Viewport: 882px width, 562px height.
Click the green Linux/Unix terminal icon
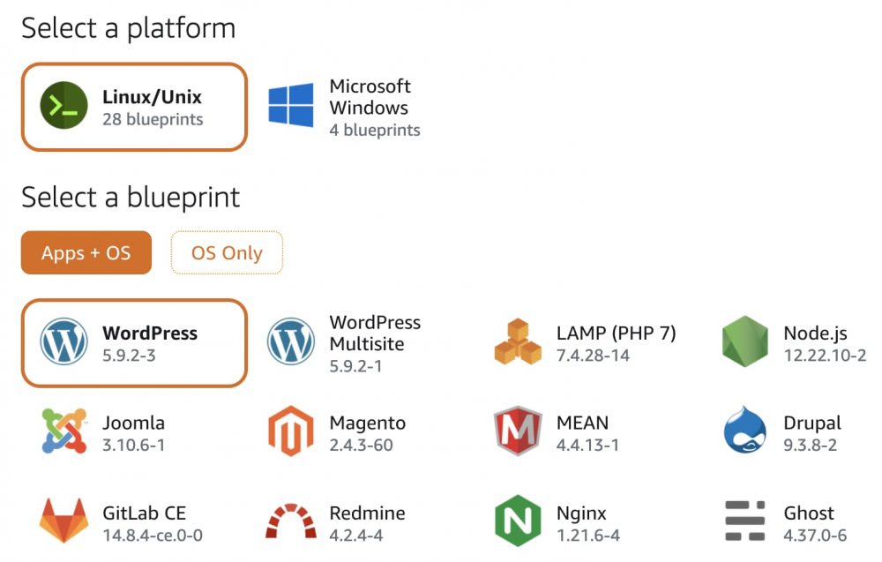64,107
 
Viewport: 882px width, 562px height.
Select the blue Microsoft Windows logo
291,107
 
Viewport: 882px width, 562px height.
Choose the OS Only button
227,253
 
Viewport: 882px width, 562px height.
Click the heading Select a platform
128,28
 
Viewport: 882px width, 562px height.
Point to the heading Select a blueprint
131,197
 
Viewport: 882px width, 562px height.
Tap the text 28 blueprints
153,119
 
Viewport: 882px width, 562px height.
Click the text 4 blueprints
375,131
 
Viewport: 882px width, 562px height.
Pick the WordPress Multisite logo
291,342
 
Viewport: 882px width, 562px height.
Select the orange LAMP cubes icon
518,342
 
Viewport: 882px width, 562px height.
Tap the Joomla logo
64,431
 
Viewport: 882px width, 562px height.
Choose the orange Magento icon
291,431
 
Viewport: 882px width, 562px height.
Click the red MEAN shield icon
518,431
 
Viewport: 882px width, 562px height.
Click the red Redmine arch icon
291,522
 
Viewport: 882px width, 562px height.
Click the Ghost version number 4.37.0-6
815,536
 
